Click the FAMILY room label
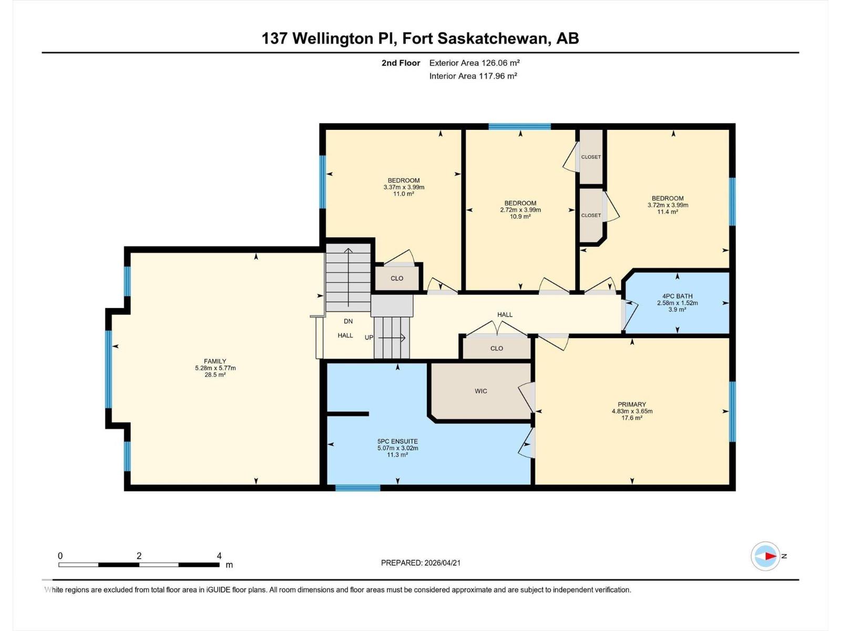coord(215,361)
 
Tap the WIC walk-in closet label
coord(480,391)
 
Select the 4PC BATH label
coord(677,296)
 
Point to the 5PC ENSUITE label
coord(397,441)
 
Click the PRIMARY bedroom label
coord(632,404)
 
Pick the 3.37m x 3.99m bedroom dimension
coord(404,187)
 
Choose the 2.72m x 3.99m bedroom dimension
coord(520,210)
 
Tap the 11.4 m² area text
coord(668,212)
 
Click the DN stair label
coord(348,321)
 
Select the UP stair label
coord(369,338)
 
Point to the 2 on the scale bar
coord(139,556)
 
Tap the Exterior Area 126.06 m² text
coord(474,63)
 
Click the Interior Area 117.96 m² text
coord(473,76)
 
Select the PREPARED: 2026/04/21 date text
coord(420,563)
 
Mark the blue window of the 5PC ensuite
coord(357,488)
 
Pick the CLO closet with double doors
coord(496,348)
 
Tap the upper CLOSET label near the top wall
coord(591,157)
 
